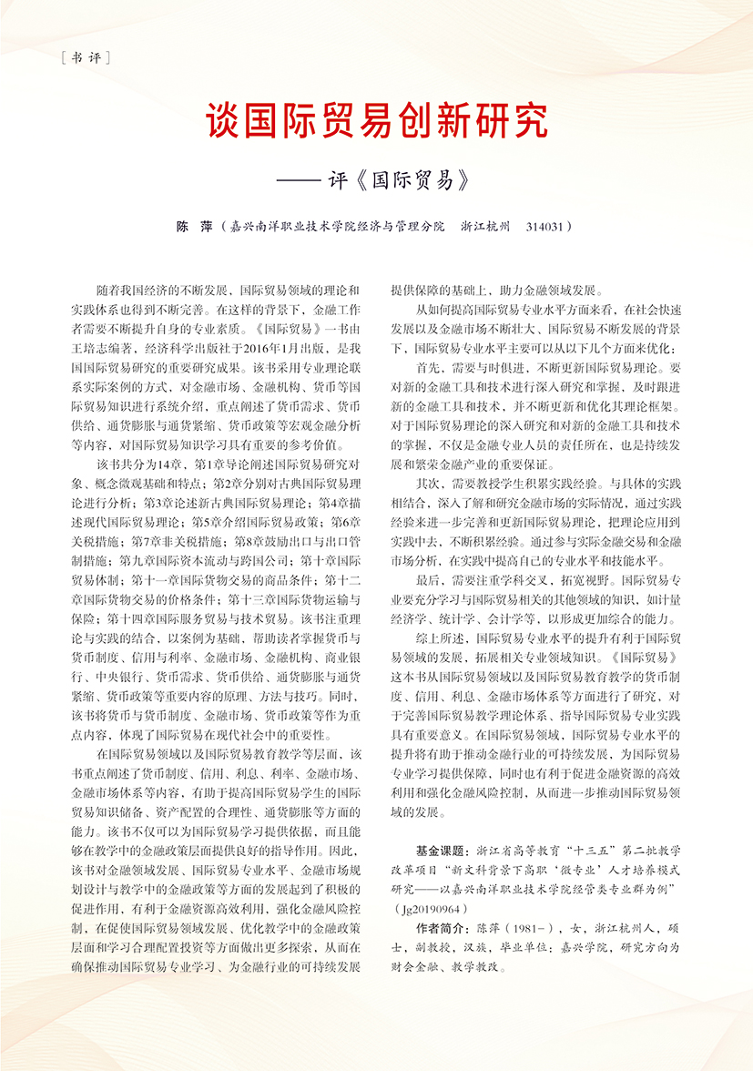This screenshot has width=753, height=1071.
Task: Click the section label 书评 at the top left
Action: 83,59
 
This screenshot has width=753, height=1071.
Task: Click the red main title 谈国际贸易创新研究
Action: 376,119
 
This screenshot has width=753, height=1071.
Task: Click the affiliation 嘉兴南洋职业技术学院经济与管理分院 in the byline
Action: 337,224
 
